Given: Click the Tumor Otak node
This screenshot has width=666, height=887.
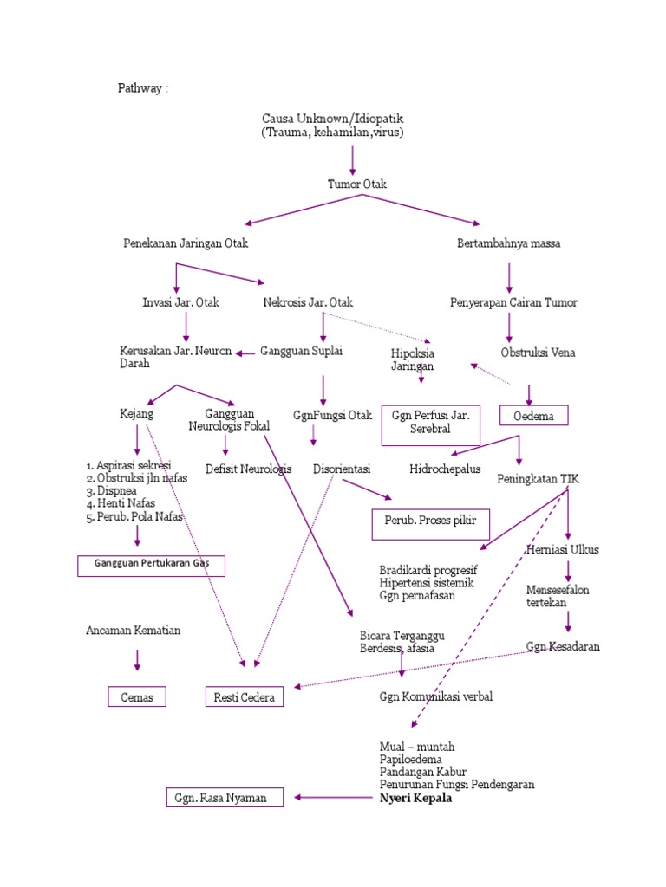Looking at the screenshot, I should (x=356, y=185).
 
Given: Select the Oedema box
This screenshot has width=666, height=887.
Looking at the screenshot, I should (x=533, y=417).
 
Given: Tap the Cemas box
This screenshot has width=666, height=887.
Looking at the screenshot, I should (x=136, y=696).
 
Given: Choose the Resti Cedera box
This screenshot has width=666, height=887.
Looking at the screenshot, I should (x=244, y=696).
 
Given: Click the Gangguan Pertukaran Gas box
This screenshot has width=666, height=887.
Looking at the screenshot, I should (x=151, y=566).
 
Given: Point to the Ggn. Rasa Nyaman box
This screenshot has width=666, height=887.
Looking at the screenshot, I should (x=224, y=797).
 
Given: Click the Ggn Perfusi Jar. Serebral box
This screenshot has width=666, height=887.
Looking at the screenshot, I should (x=430, y=423).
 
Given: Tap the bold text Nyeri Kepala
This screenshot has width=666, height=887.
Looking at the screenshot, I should (x=415, y=799).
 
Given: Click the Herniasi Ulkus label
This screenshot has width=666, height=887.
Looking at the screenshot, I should (x=563, y=549).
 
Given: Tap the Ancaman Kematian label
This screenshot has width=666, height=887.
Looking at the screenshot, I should (x=133, y=630).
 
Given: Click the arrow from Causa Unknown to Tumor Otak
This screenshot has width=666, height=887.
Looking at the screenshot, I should (x=352, y=160).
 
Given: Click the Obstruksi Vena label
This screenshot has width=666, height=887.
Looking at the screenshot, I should (x=538, y=353).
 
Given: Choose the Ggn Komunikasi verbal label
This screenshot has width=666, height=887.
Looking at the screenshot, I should (x=435, y=696).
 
